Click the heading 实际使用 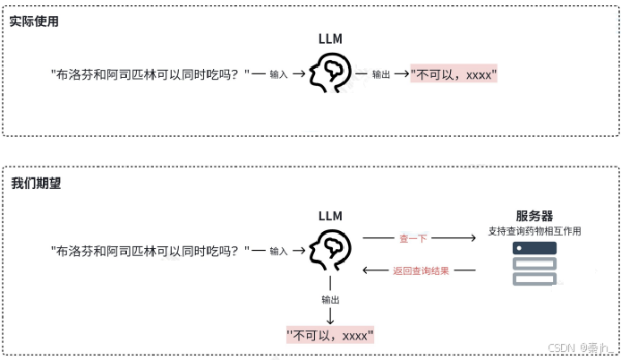34,21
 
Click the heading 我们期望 35,183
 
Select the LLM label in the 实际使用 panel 330,39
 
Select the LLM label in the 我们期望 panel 330,216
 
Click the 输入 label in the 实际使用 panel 278,75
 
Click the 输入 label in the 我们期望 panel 278,252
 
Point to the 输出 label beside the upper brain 380,75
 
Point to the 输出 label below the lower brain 330,299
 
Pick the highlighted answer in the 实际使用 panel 453,75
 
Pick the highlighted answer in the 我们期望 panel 329,336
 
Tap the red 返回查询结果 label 421,270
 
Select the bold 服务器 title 534,216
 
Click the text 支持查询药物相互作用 534,231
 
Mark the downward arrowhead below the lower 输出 330,320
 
